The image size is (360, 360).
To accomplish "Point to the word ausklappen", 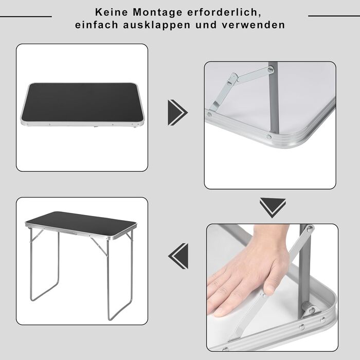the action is (157, 25).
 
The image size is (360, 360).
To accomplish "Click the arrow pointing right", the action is (178, 113).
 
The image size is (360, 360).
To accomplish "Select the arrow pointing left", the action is (178, 256).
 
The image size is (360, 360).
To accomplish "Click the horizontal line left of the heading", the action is (26, 16).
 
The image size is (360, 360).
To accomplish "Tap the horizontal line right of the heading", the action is (334, 16).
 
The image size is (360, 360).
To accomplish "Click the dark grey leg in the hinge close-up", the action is (274, 98).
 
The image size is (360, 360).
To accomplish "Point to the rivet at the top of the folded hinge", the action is (271, 69).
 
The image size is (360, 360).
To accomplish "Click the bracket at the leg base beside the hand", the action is (311, 310).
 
